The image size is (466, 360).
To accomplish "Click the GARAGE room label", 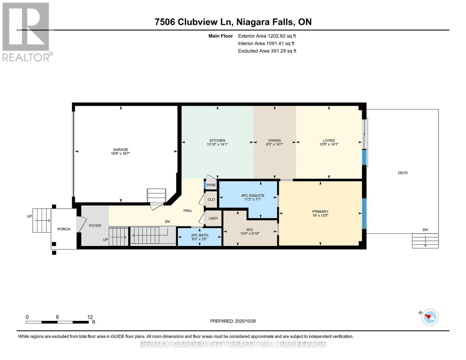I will (120, 149).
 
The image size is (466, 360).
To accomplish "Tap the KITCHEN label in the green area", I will (217, 140).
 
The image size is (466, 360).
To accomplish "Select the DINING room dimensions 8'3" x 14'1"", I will (274, 144).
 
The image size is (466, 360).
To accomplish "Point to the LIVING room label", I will (329, 140).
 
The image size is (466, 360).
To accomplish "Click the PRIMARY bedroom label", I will (320, 211).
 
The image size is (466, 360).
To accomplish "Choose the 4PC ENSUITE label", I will (253, 196).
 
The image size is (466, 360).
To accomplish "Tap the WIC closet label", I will (250, 229).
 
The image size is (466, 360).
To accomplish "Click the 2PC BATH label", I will (200, 235).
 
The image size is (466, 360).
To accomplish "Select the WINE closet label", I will (211, 185).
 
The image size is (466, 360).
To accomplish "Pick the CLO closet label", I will (211, 199).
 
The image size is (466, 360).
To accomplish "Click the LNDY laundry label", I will (213, 218).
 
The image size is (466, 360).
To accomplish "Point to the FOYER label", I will (95, 226).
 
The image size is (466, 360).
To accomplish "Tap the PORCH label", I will (64, 229).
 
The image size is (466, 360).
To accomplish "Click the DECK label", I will (403, 173).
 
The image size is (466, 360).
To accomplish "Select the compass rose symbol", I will (430, 317).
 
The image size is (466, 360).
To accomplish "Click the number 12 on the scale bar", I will (90, 317).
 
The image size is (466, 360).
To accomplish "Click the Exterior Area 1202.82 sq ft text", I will (267, 36).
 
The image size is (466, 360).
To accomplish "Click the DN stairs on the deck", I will (425, 240).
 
